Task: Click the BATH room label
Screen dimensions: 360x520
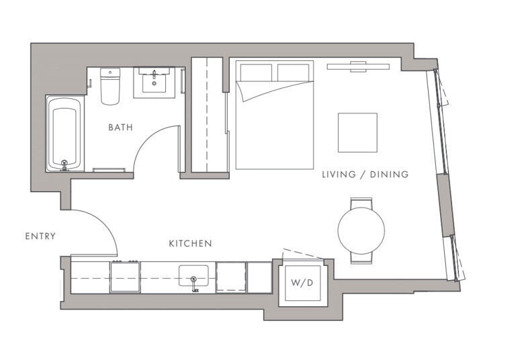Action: click(x=120, y=127)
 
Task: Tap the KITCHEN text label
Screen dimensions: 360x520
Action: click(x=190, y=243)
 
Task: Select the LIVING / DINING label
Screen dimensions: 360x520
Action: click(x=365, y=175)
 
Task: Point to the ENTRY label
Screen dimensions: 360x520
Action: click(x=40, y=236)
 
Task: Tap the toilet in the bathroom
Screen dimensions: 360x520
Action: click(x=110, y=87)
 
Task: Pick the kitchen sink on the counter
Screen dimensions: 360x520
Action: click(x=193, y=276)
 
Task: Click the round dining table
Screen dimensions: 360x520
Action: click(x=361, y=230)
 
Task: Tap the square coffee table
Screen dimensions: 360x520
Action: click(x=357, y=132)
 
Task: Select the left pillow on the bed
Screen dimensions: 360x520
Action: click(x=255, y=72)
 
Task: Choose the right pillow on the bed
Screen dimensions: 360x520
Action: click(x=294, y=72)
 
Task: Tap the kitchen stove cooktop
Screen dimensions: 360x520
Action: click(x=125, y=277)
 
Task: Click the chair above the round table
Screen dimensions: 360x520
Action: click(x=361, y=202)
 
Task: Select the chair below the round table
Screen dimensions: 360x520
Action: click(x=361, y=257)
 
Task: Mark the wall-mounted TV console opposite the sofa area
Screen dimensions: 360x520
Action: click(x=358, y=66)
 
